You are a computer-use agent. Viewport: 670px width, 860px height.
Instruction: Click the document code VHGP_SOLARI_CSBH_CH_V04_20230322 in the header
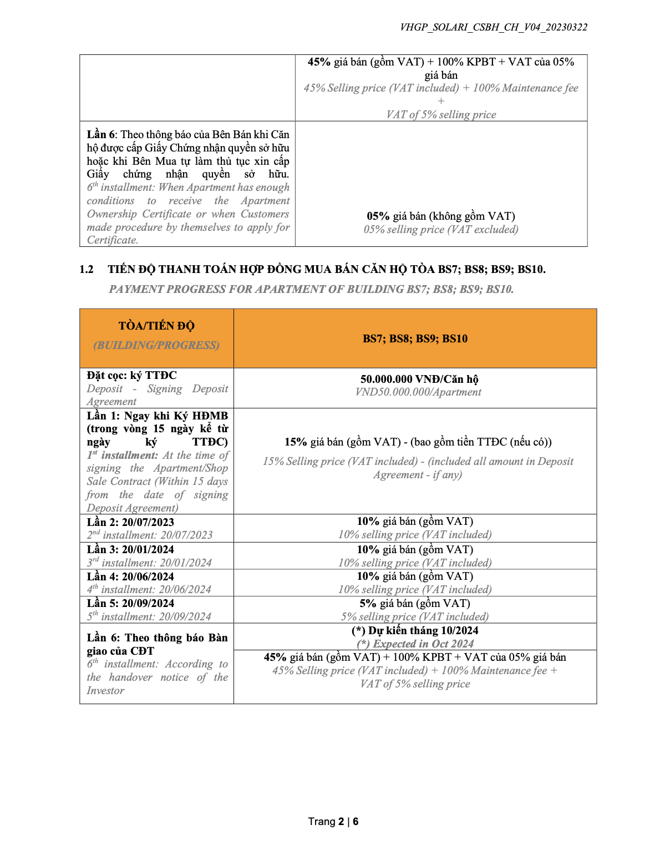pyautogui.click(x=493, y=27)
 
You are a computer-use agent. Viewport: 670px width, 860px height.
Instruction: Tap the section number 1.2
pyautogui.click(x=86, y=270)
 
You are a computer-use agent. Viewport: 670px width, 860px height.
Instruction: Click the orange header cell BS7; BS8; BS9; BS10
pyautogui.click(x=415, y=338)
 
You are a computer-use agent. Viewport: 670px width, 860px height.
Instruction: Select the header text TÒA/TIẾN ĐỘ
pyautogui.click(x=156, y=326)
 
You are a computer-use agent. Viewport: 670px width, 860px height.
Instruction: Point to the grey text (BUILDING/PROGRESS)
pyautogui.click(x=156, y=345)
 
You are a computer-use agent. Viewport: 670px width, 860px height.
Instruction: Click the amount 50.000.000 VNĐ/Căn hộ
pyautogui.click(x=419, y=379)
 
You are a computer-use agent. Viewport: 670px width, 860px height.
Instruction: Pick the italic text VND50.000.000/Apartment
pyautogui.click(x=418, y=392)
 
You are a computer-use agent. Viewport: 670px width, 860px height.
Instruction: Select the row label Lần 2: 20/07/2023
pyautogui.click(x=130, y=522)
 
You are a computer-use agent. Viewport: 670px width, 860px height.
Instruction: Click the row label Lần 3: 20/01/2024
pyautogui.click(x=130, y=549)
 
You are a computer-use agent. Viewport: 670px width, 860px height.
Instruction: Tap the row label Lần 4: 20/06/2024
pyautogui.click(x=130, y=576)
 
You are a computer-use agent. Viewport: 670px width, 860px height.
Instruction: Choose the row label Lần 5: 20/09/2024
pyautogui.click(x=130, y=603)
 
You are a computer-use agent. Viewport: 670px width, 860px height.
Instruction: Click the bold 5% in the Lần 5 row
pyautogui.click(x=368, y=603)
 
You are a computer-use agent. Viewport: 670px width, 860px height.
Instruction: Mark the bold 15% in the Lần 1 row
pyautogui.click(x=296, y=442)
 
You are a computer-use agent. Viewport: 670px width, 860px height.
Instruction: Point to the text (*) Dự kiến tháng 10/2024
pyautogui.click(x=415, y=630)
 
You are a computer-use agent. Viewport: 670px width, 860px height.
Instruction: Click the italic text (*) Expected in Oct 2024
pyautogui.click(x=415, y=644)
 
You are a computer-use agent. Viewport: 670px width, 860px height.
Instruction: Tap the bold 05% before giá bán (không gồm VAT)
pyautogui.click(x=378, y=216)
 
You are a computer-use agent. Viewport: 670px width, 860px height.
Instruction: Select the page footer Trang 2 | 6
pyautogui.click(x=333, y=821)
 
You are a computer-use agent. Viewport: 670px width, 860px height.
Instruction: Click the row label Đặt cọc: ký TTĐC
pyautogui.click(x=131, y=375)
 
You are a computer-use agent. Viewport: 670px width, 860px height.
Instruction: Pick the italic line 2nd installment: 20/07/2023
pyautogui.click(x=150, y=535)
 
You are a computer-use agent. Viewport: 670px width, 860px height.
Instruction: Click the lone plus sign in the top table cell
pyautogui.click(x=441, y=101)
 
